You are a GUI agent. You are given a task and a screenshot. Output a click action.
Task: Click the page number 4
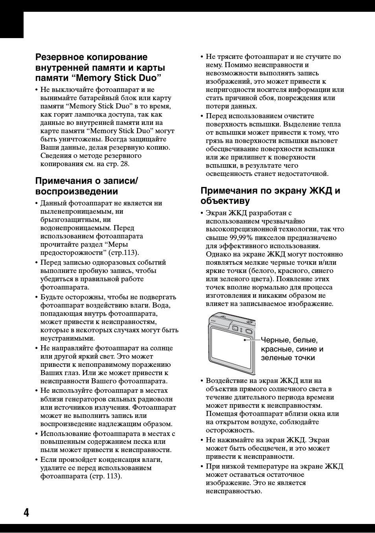pyautogui.click(x=26, y=513)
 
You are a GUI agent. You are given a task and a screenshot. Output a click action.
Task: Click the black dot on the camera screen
pyautogui.click(x=244, y=340)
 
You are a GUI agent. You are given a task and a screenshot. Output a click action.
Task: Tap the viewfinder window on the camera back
pyautogui.click(x=235, y=328)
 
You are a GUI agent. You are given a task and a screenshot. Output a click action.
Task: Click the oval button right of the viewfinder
pyautogui.click(x=248, y=331)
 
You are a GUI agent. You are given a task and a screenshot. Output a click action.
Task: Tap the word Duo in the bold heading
pyautogui.click(x=147, y=77)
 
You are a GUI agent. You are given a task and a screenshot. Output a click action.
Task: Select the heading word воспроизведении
pyautogui.click(x=77, y=192)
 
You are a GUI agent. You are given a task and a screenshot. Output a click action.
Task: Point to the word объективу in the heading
pyautogui.click(x=225, y=201)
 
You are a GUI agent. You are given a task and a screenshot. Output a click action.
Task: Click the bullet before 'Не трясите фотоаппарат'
pyautogui.click(x=202, y=57)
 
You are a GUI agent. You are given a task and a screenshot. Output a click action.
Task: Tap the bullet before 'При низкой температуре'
pyautogui.click(x=202, y=467)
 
